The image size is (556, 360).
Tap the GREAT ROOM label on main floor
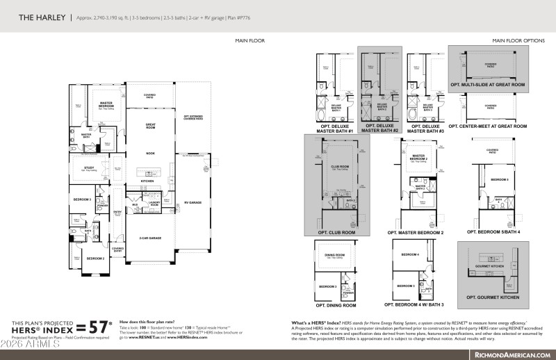coord(149,125)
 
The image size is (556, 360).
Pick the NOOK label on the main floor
coord(149,154)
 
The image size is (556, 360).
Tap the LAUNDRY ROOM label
coord(154,204)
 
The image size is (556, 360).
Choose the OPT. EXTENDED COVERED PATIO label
coord(193,117)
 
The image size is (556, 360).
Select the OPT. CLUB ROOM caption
coord(337,232)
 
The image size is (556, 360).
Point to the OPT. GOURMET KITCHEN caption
coord(493,297)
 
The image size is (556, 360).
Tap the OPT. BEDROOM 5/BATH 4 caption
coord(493,232)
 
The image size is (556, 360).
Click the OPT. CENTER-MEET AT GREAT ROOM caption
coord(488,126)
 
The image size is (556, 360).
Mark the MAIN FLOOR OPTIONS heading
coord(518,41)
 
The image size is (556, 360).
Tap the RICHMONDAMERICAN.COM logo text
coord(512,354)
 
